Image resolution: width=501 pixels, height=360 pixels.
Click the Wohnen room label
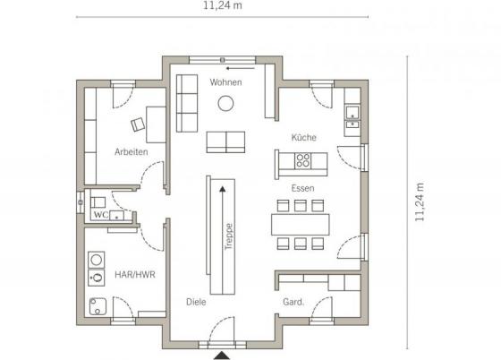[225, 82]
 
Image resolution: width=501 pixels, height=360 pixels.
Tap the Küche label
[303, 138]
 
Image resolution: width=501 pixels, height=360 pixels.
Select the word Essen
[302, 188]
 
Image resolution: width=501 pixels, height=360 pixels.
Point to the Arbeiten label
[132, 151]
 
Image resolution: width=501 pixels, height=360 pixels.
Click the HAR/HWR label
[135, 274]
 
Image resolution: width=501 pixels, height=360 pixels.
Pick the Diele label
[196, 302]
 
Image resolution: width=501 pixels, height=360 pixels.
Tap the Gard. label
[293, 302]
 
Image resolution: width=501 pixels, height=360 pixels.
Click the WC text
[101, 215]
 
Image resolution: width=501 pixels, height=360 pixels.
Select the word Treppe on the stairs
[228, 236]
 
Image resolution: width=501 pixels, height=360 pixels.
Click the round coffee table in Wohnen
[225, 103]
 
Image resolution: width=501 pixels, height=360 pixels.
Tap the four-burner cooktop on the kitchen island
[302, 161]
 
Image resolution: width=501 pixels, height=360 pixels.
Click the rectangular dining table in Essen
[300, 225]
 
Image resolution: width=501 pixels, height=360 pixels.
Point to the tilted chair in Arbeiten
[138, 124]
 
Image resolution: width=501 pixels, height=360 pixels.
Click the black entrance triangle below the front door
[222, 356]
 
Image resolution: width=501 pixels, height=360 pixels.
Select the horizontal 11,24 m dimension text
[223, 5]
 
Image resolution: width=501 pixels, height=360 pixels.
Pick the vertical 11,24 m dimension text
[420, 202]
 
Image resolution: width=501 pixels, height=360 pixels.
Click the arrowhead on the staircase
[223, 189]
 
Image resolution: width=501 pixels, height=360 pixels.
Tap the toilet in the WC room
[98, 202]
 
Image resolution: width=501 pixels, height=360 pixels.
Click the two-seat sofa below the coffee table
[225, 142]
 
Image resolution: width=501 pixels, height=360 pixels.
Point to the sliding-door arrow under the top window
[241, 68]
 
